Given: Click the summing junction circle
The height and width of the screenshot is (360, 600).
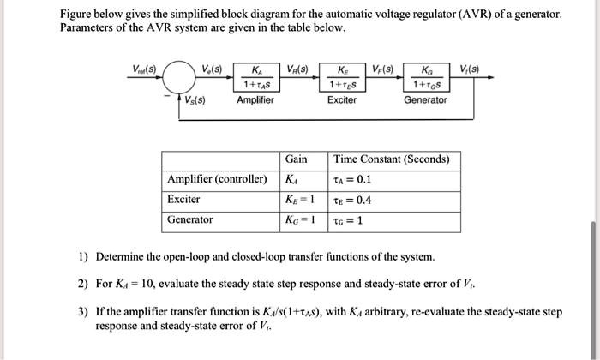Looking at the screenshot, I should click(x=178, y=79).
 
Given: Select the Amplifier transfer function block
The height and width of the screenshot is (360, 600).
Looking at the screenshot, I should click(x=255, y=78).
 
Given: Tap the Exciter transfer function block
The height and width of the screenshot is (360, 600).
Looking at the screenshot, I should click(x=342, y=78).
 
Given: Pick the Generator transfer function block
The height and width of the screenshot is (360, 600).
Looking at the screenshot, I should click(x=425, y=78).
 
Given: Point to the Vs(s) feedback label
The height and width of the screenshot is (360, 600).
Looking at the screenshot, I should click(x=194, y=99).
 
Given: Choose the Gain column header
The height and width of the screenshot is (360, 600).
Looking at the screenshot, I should click(x=297, y=159).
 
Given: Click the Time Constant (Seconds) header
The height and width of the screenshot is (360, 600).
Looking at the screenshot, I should click(x=391, y=159).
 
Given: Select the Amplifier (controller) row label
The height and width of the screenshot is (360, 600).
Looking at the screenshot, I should click(x=218, y=179).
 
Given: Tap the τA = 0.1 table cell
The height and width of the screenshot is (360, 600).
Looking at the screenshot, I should click(x=352, y=180).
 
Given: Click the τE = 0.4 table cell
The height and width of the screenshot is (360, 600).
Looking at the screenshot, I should click(x=352, y=200).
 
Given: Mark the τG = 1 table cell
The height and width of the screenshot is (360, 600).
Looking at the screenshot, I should click(x=349, y=220).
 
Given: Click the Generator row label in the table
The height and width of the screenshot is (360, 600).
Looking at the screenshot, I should click(x=190, y=220).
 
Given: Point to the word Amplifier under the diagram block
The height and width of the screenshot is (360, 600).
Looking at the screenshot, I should click(x=255, y=100).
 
